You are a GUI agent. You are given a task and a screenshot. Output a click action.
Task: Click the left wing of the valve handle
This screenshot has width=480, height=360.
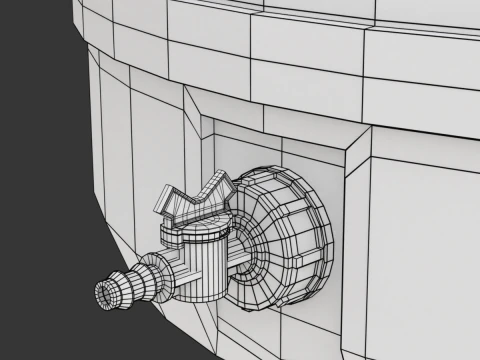coord(172,206)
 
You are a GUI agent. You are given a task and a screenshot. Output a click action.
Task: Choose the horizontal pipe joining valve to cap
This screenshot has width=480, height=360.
coord(240,263)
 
